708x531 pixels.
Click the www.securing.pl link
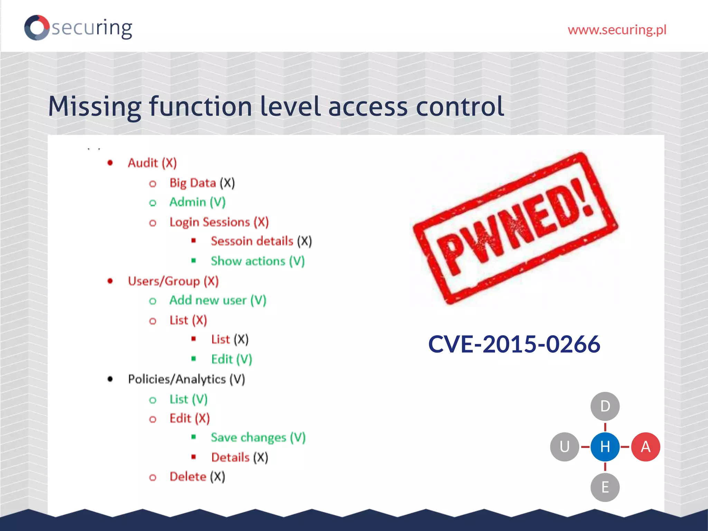click(617, 30)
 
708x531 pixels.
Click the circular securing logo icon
click(37, 28)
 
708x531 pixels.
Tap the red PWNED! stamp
click(515, 228)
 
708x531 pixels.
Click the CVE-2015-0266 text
click(514, 344)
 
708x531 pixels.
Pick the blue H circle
click(605, 447)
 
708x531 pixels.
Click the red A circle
click(645, 447)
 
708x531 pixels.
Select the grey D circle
click(605, 406)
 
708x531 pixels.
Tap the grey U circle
click(564, 447)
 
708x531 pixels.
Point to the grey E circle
click(605, 487)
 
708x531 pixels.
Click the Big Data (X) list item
click(202, 183)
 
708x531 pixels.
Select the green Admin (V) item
click(197, 202)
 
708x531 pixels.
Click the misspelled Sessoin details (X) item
click(261, 241)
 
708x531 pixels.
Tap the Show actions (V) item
click(258, 261)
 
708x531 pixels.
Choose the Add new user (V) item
click(217, 300)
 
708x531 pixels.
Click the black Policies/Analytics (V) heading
click(186, 379)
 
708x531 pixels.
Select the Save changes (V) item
click(258, 438)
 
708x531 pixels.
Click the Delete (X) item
click(197, 477)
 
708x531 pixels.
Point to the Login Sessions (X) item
click(219, 222)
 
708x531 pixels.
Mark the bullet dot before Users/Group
click(110, 281)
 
